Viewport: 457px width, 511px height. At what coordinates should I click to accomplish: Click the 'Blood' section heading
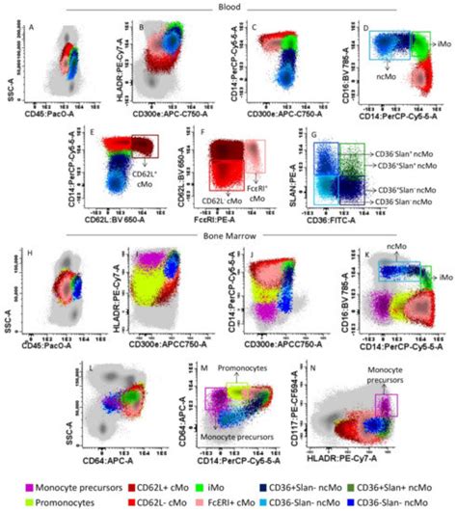click(x=228, y=6)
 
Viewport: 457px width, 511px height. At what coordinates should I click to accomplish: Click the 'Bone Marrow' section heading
click(x=228, y=235)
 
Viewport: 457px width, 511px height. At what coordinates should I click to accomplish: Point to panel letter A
click(x=32, y=28)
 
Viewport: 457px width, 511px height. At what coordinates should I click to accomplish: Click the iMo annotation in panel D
click(x=443, y=45)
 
